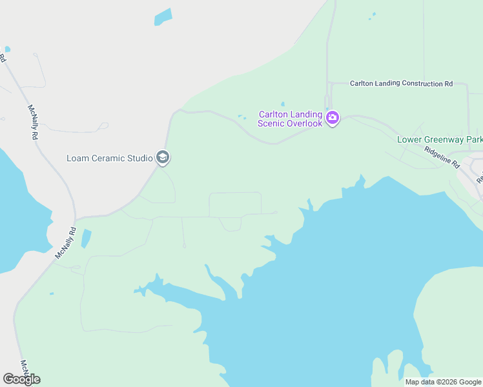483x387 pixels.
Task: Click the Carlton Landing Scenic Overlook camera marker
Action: click(333, 117)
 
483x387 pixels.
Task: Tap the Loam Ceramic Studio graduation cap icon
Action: click(163, 157)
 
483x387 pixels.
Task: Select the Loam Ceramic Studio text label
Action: click(110, 157)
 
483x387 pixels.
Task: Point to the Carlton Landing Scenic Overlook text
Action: click(290, 119)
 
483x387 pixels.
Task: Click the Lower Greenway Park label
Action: click(439, 139)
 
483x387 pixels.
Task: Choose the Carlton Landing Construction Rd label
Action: click(401, 84)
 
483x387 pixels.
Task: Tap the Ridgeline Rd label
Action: click(442, 156)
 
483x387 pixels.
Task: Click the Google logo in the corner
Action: click(21, 379)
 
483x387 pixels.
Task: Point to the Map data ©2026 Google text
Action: click(443, 382)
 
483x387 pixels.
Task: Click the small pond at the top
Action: click(163, 17)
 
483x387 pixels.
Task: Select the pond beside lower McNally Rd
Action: click(86, 239)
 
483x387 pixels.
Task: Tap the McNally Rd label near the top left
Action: click(34, 123)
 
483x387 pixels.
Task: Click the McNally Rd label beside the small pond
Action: click(65, 243)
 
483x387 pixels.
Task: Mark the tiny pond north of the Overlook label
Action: click(282, 103)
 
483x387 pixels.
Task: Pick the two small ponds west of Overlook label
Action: click(241, 117)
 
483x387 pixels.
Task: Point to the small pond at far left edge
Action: click(7, 49)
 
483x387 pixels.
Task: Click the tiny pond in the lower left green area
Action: click(52, 294)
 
